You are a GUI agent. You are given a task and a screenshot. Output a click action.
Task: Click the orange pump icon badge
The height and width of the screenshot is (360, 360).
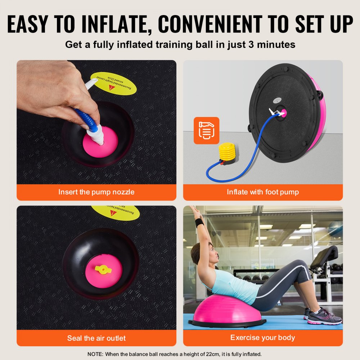(x=206, y=130)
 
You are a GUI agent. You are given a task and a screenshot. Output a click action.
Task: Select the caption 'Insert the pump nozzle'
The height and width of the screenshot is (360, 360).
(x=96, y=192)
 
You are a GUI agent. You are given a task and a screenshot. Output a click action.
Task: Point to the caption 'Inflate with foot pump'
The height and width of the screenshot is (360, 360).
(x=263, y=192)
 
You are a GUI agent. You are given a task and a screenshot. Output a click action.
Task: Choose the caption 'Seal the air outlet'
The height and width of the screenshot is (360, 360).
(x=96, y=338)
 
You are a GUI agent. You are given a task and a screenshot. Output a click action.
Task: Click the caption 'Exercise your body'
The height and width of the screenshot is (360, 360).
(x=263, y=338)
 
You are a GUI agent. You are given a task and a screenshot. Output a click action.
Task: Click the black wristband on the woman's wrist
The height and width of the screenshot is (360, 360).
(x=199, y=222)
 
